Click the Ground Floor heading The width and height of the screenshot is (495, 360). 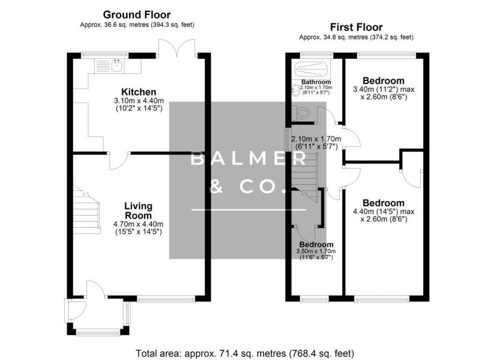point(137,15)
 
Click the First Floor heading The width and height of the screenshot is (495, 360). point(356,27)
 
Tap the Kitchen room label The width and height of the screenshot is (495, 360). point(138,92)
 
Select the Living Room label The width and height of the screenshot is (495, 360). point(138,211)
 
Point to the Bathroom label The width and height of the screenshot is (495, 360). point(316,82)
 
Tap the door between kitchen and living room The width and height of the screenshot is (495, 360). point(119,160)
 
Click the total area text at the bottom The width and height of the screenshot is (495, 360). point(246,352)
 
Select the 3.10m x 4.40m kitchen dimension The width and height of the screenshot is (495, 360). point(138,101)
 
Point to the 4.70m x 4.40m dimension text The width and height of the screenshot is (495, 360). point(138,224)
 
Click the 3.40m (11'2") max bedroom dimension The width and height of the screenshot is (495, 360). point(383,89)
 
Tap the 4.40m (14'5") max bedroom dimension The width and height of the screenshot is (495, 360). point(383,211)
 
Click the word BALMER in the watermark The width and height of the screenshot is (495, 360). point(248,158)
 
